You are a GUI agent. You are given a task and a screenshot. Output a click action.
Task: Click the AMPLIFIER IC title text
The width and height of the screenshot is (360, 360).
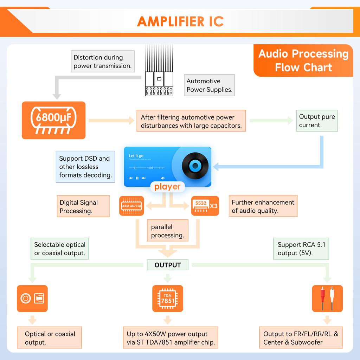[180, 21]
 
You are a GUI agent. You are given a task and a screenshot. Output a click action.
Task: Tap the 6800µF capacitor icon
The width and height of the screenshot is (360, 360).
[53, 120]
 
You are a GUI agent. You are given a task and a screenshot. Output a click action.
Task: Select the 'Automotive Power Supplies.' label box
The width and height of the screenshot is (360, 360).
[209, 85]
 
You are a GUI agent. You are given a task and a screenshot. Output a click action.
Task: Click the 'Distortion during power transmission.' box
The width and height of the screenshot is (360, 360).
[103, 62]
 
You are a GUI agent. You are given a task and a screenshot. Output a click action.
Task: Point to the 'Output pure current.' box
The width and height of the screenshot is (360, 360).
[317, 121]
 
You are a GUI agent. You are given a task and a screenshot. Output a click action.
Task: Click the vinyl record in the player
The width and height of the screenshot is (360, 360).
[195, 166]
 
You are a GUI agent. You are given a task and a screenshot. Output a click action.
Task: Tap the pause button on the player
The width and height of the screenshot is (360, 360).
[137, 178]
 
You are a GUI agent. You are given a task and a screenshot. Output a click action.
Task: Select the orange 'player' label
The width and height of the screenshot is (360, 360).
[167, 187]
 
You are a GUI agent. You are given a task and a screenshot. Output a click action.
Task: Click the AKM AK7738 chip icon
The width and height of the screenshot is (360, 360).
[131, 206]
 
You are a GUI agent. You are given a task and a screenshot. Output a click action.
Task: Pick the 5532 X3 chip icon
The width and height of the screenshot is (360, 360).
[205, 206]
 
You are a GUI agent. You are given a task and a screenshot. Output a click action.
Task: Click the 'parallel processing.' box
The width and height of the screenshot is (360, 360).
[167, 231]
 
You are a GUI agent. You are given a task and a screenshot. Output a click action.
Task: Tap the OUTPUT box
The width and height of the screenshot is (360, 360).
[168, 265]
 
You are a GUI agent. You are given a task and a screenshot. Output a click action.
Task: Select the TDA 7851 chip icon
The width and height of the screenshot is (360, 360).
[168, 298]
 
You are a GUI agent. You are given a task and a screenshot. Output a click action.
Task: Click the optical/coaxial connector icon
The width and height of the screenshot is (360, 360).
[32, 298]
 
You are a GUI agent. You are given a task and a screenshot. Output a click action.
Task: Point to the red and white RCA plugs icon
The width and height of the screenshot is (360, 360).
[327, 298]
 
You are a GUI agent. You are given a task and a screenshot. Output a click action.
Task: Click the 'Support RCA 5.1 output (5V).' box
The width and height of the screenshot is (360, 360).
[301, 249]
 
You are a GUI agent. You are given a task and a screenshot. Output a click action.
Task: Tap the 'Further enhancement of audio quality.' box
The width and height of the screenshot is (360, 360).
[263, 206]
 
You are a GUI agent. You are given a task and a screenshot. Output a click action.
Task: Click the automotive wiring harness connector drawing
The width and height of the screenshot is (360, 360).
[159, 84]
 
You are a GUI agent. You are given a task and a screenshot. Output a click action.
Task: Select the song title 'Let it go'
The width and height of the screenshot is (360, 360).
[136, 156]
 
